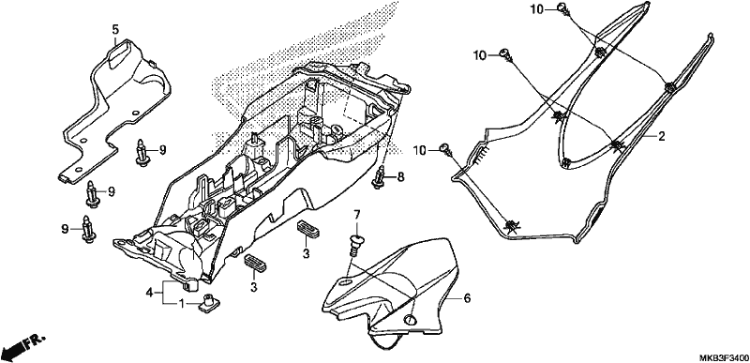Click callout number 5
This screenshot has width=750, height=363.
click(x=115, y=30)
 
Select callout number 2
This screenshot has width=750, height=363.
click(x=662, y=137)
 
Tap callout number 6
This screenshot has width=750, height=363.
click(x=467, y=298)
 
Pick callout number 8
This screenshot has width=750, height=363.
click(x=400, y=177)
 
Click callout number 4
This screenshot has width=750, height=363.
click(x=149, y=292)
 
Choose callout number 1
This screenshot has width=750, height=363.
click(x=181, y=303)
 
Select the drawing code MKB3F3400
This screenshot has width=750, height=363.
click(x=724, y=357)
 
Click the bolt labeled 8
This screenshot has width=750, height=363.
click(x=380, y=177)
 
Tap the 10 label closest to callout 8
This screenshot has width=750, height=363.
click(x=419, y=151)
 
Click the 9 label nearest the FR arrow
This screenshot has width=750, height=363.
click(x=65, y=230)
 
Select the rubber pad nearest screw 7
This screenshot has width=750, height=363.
click(x=309, y=229)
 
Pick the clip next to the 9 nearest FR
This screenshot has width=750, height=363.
click(x=87, y=229)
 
